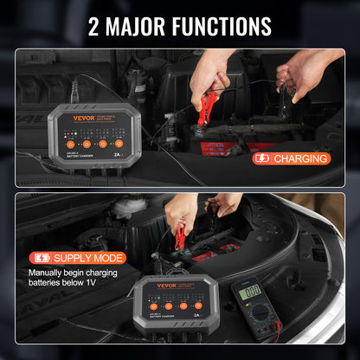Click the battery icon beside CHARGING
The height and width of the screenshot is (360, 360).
click(261, 158)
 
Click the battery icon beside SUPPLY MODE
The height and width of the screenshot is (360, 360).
click(41, 258)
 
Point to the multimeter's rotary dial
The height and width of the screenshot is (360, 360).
click(253, 321)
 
